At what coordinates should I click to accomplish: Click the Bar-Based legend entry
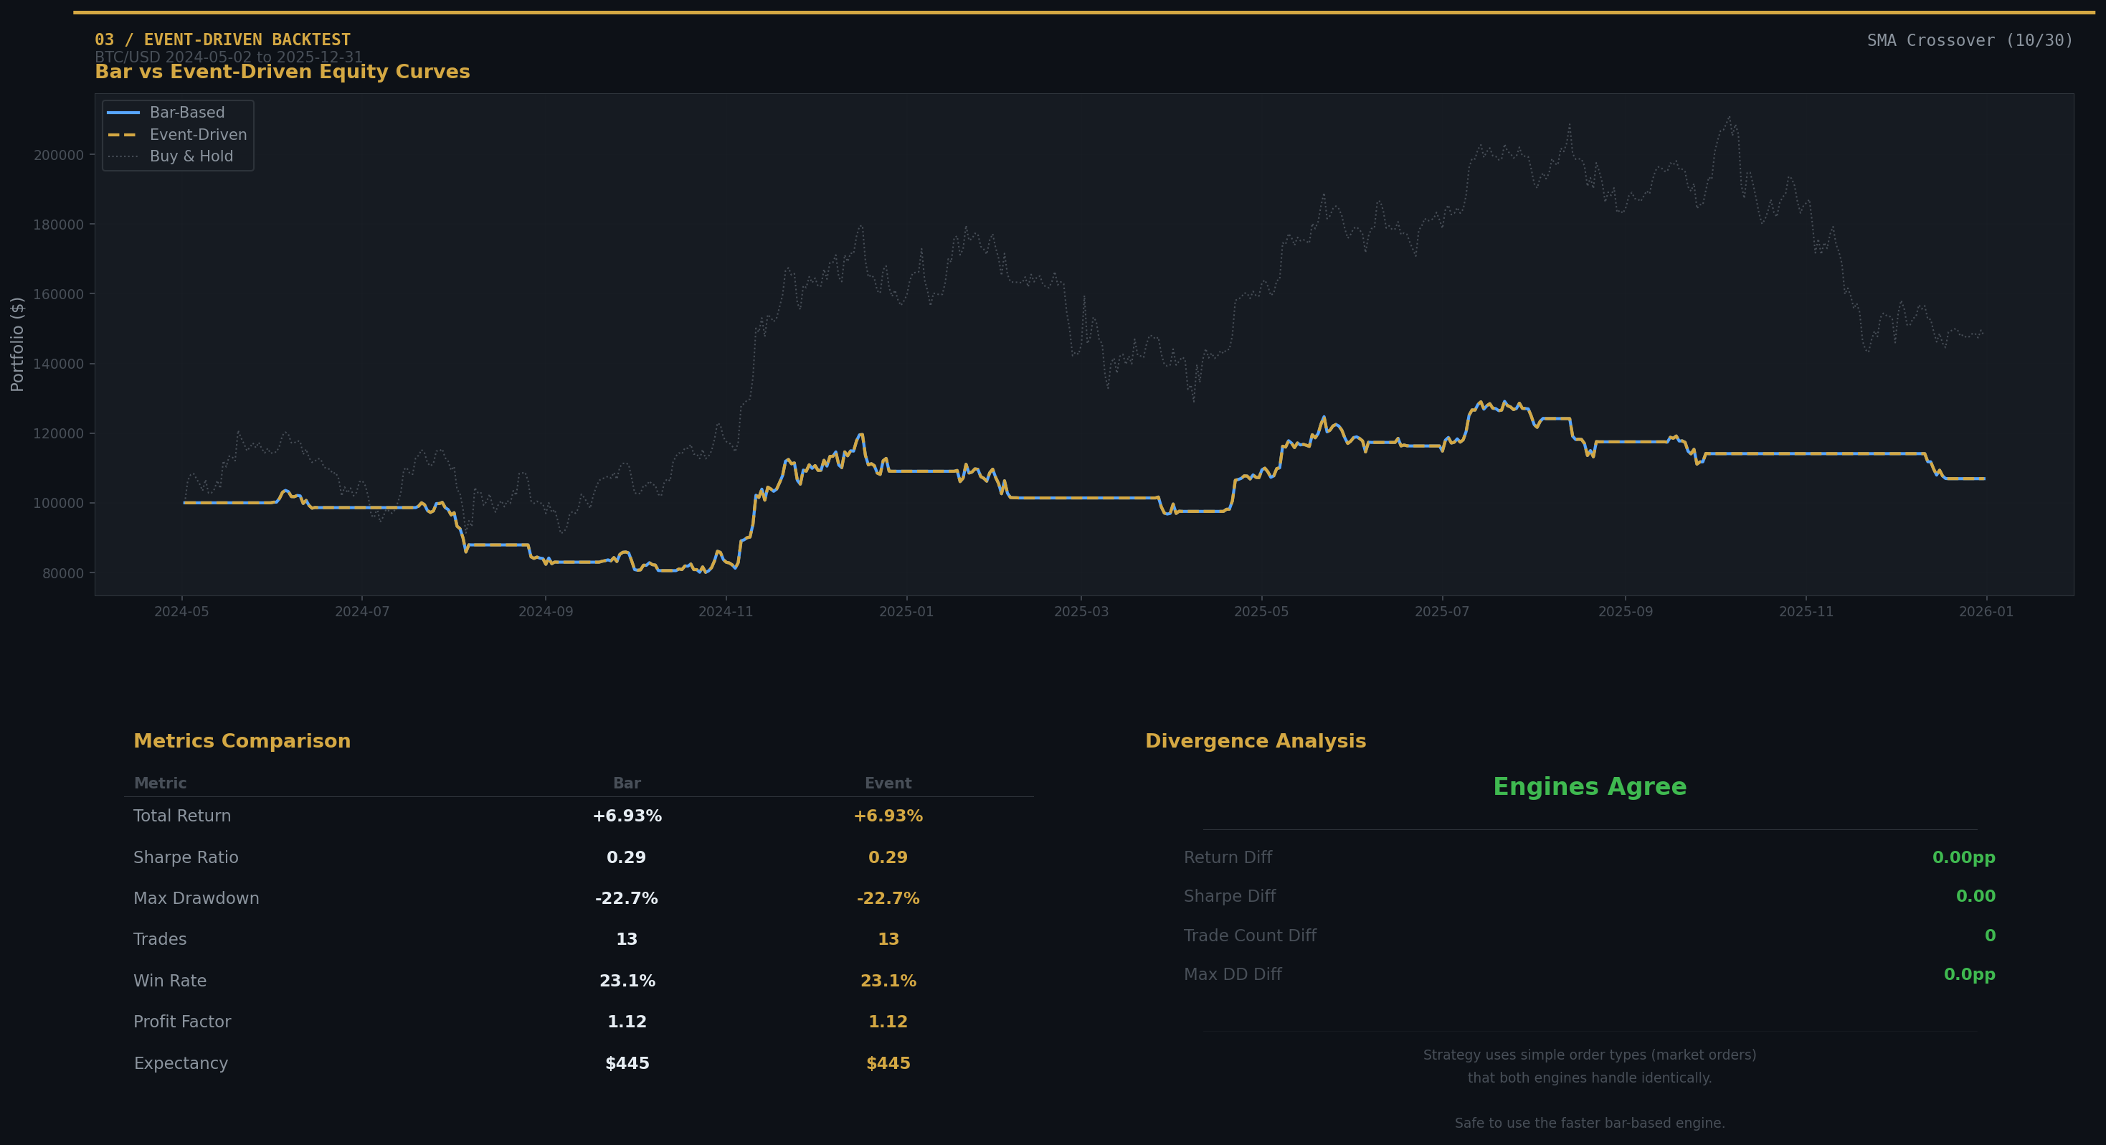tap(186, 113)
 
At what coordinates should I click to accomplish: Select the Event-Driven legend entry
tap(197, 135)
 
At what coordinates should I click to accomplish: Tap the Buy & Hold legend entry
tap(191, 156)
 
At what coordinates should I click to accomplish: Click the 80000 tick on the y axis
tap(63, 573)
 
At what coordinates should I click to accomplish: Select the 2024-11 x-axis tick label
tap(725, 612)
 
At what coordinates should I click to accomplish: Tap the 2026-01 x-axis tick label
tap(1986, 612)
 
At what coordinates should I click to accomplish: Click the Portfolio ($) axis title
tap(17, 344)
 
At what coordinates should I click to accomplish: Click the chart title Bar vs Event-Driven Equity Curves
tap(282, 72)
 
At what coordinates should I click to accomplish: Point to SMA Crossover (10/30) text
tap(1970, 40)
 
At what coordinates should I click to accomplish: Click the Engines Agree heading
tap(1589, 787)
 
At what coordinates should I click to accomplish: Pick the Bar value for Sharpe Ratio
tap(626, 857)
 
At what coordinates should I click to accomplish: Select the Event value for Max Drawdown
tap(888, 898)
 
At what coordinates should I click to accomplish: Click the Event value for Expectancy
tap(888, 1063)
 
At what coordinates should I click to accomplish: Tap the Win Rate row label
tap(170, 981)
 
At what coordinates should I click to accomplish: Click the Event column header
tap(888, 783)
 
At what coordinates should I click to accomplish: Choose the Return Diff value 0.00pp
tap(1963, 857)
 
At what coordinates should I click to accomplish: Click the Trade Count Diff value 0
tap(1990, 936)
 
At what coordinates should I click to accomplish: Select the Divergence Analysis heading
tap(1255, 741)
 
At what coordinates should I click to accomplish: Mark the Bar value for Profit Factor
tap(626, 1022)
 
